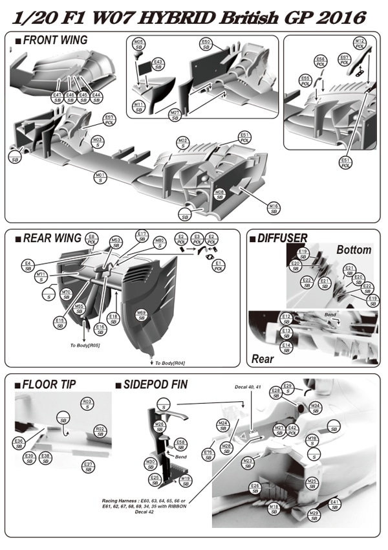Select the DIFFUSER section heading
tap(282, 238)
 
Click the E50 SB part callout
tap(206, 44)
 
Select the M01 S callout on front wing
tap(100, 177)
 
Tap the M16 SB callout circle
tap(274, 208)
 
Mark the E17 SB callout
tap(143, 236)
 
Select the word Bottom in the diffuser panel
tap(354, 250)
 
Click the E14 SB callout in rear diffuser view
tap(286, 347)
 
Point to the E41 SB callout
tap(334, 504)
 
